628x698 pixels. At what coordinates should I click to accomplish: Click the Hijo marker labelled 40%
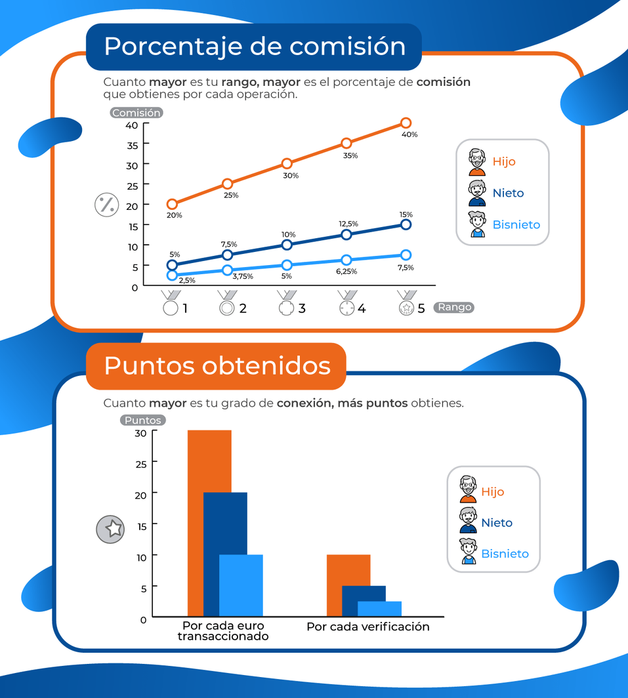[406, 123]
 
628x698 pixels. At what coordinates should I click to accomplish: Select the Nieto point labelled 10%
[287, 245]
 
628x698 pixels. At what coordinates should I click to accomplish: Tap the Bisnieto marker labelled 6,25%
[346, 260]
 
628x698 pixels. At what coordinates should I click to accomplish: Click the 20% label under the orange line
[174, 215]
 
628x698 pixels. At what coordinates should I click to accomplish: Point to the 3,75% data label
[243, 276]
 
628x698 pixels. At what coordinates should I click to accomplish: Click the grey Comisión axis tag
[136, 113]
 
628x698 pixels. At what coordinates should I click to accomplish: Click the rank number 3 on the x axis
[302, 308]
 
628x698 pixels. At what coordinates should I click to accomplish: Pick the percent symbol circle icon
[106, 205]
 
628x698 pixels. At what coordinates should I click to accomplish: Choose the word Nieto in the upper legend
[509, 193]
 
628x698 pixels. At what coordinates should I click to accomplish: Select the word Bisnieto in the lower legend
[505, 554]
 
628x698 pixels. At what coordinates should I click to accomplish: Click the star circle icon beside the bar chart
[110, 529]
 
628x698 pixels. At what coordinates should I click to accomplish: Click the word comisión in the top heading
[348, 47]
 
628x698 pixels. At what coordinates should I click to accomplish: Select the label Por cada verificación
[367, 627]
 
